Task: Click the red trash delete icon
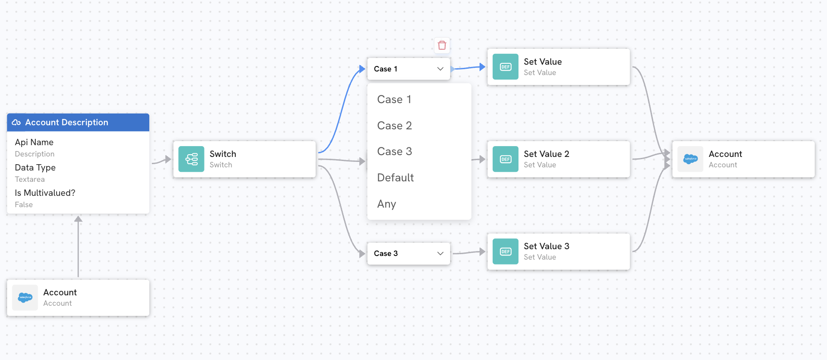pos(442,45)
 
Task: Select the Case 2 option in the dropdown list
pos(394,126)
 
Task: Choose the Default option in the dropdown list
pos(395,178)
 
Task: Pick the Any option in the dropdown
pos(386,204)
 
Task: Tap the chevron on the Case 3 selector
pos(440,253)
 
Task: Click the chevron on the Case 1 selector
pos(440,69)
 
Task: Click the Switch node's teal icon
pos(191,159)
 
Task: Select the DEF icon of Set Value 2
pos(505,159)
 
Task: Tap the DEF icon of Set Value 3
pos(505,251)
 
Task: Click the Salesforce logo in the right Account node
pos(690,159)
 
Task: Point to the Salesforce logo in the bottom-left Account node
pos(25,298)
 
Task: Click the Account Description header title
pos(67,123)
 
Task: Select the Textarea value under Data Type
pos(30,180)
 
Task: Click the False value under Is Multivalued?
pos(24,205)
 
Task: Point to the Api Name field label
pos(34,142)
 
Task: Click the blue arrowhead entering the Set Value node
pos(482,67)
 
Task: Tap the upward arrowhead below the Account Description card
pos(78,219)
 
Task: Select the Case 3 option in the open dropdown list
pos(394,152)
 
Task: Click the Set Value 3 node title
pos(547,246)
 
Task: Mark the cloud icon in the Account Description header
pos(16,123)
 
